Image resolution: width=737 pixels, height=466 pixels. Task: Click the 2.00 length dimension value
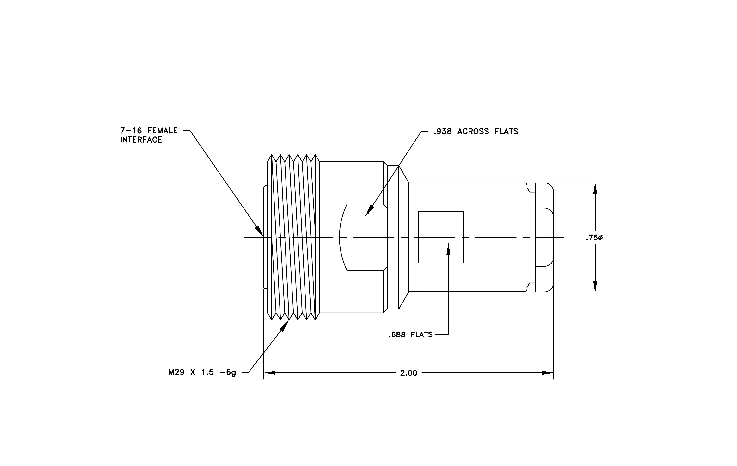408,373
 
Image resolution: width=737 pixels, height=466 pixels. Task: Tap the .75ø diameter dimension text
594,238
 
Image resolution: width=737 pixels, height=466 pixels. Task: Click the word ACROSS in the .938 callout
473,132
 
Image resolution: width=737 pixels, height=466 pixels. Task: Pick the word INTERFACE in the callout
141,140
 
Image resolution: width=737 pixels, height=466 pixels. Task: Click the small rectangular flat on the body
441,237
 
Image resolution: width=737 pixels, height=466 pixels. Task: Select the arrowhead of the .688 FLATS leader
448,249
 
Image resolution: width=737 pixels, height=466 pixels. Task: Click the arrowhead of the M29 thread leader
285,325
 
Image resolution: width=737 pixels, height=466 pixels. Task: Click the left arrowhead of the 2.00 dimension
269,373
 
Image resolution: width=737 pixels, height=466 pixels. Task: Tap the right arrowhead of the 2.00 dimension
548,373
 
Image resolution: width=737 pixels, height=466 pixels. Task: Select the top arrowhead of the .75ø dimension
595,189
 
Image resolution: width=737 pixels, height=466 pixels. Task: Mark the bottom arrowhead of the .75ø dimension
595,286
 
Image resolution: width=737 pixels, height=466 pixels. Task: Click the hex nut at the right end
544,237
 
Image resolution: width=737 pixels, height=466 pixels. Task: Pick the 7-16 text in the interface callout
131,131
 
